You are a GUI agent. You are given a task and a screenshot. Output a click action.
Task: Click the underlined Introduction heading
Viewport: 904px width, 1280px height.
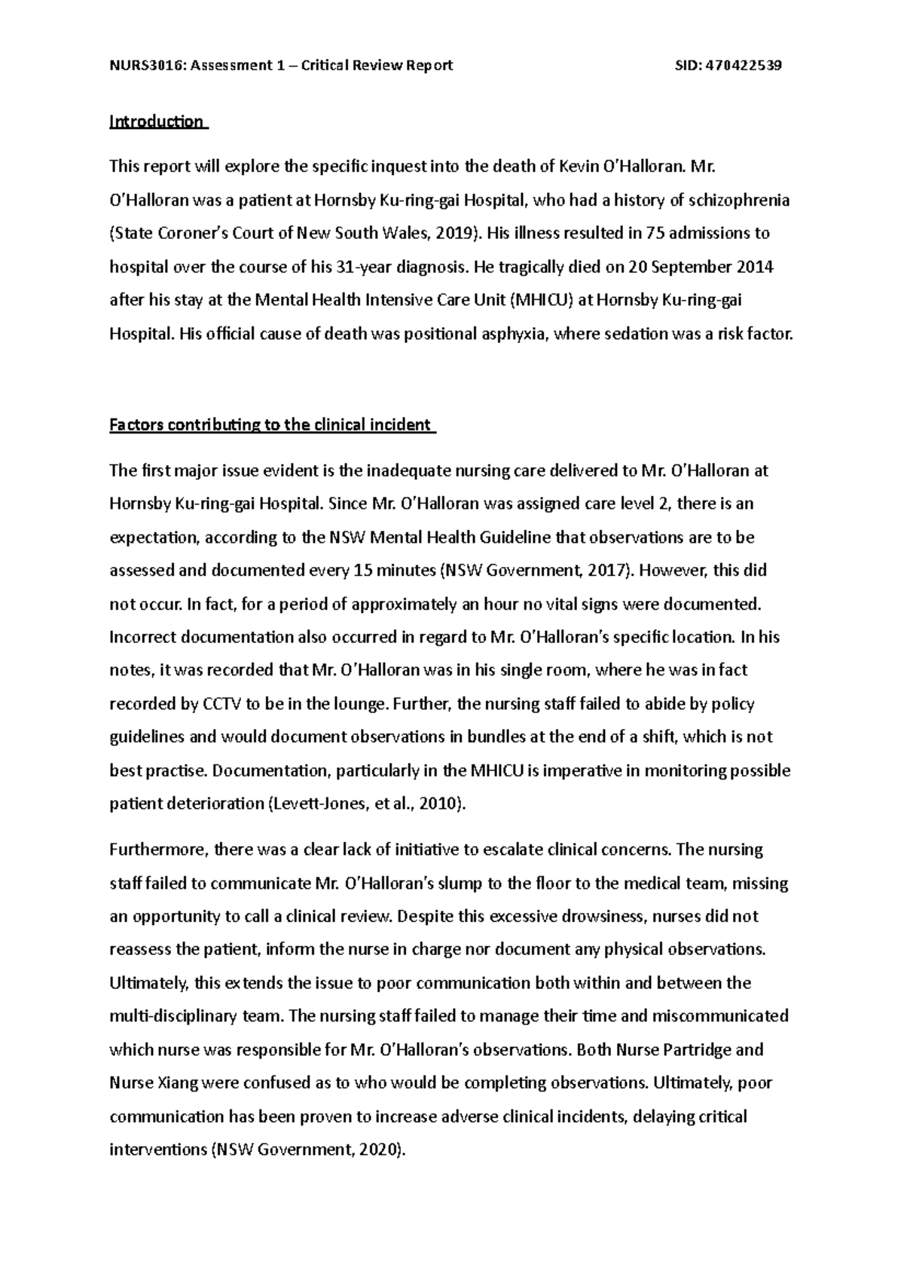(x=157, y=121)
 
